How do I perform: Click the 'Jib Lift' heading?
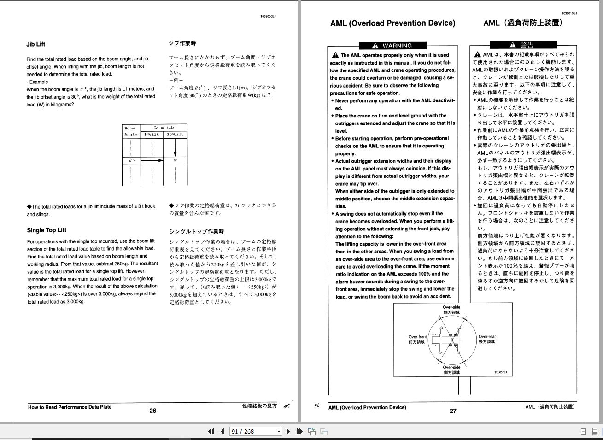tap(36, 45)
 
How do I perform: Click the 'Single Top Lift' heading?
tap(47, 230)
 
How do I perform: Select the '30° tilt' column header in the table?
tap(176, 135)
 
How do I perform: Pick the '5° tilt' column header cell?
tap(152, 135)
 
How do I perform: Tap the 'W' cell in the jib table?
tap(176, 160)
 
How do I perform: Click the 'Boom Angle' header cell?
tap(130, 131)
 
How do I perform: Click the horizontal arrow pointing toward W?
tap(152, 160)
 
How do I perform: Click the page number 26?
tap(152, 411)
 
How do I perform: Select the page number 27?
tap(453, 411)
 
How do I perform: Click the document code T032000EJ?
tap(268, 16)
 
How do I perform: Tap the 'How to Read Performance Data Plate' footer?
tap(70, 407)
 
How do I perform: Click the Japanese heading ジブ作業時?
tap(182, 43)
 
